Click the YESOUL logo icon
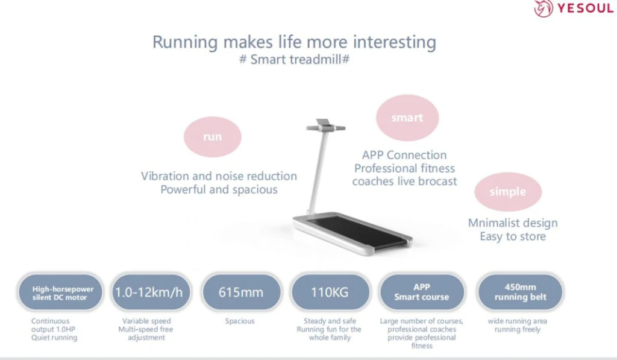543,8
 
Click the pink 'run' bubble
213,137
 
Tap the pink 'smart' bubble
407,118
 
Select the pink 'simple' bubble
508,192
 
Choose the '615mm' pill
241,292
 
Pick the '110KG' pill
330,292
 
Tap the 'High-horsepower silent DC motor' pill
60,292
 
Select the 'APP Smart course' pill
422,292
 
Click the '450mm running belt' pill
520,292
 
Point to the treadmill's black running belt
356,230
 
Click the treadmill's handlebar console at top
325,126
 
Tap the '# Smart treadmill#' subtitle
294,60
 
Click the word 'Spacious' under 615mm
240,321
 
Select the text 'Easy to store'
513,236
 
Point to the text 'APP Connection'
404,155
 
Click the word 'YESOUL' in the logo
585,8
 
